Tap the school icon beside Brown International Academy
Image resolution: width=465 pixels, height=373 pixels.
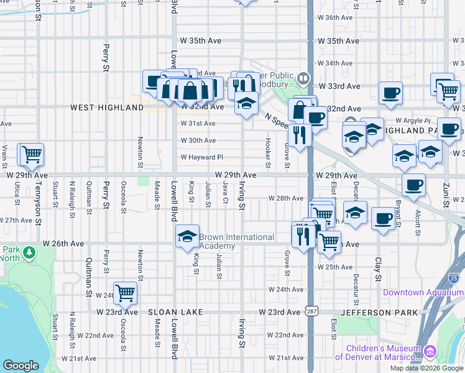pos(187,237)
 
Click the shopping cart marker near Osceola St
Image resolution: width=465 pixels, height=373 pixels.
pos(125,292)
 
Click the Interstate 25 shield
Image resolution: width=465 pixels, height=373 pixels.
pos(454,278)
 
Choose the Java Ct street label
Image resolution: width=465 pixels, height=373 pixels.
pos(225,195)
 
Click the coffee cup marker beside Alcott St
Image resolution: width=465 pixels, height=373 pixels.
pos(413,184)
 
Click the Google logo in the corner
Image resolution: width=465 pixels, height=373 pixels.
pos(21,366)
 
